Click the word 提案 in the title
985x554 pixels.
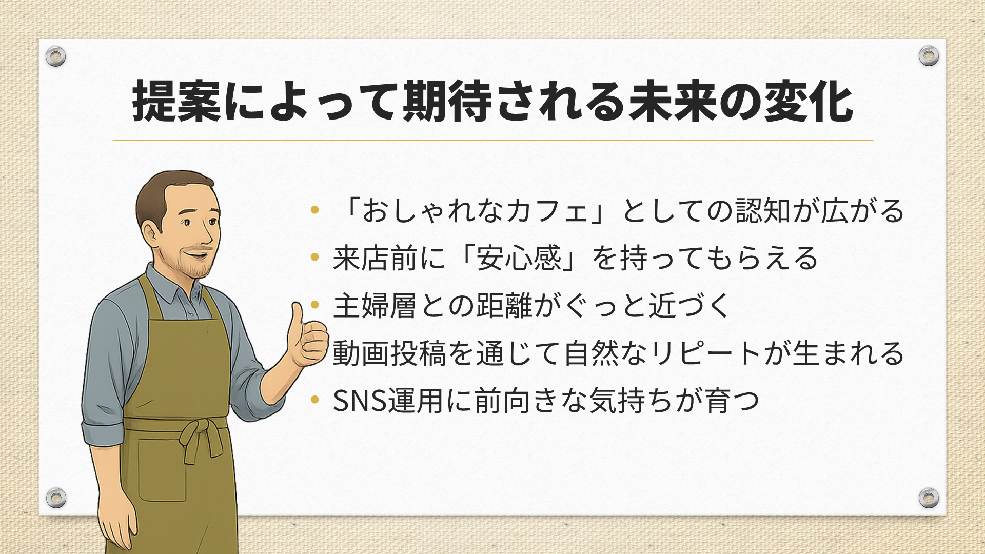point(177,102)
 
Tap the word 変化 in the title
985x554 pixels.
point(809,102)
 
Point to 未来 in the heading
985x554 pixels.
point(674,102)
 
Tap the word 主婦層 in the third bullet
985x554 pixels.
point(375,306)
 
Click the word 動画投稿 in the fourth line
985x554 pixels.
point(389,353)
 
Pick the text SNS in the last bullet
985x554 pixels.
point(360,401)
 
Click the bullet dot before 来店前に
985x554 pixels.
point(315,256)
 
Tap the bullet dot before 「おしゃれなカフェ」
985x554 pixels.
point(315,209)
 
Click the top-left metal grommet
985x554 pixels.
point(55,56)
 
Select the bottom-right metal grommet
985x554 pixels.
point(929,498)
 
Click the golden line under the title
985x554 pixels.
point(493,140)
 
